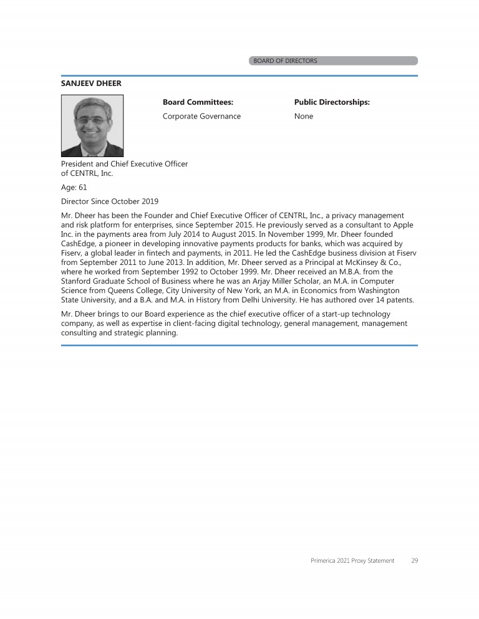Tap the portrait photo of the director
[x=92, y=125]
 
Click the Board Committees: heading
[x=198, y=102]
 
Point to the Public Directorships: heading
[x=332, y=102]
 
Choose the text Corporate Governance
[x=201, y=117]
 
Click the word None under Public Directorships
[x=304, y=117]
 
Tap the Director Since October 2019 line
[x=110, y=201]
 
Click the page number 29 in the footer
[x=415, y=561]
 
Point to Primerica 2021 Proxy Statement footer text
[x=352, y=561]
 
